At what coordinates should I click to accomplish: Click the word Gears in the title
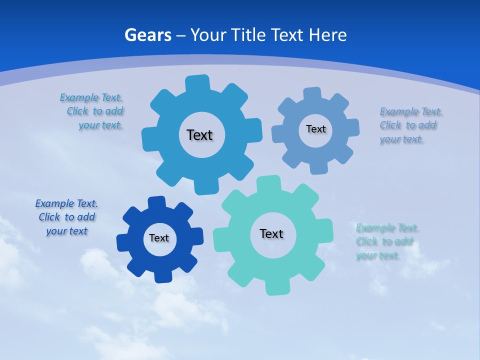(x=148, y=35)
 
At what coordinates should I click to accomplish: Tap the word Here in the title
(x=327, y=35)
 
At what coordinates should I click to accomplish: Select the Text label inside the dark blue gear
(x=159, y=238)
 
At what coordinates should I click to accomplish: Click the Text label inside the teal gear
(x=271, y=234)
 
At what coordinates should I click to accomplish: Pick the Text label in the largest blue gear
(x=199, y=135)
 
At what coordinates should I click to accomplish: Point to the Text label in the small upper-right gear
(x=316, y=129)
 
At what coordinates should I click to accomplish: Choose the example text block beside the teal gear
(x=387, y=242)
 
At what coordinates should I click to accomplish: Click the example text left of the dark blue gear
(x=66, y=217)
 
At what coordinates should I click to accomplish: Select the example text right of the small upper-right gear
(x=411, y=125)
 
